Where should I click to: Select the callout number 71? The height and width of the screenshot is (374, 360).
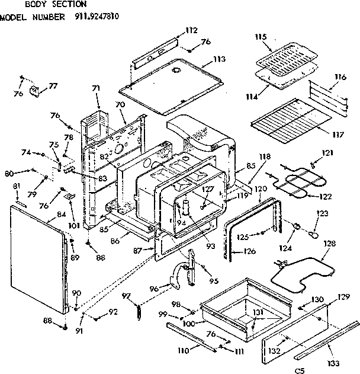point(95,88)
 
